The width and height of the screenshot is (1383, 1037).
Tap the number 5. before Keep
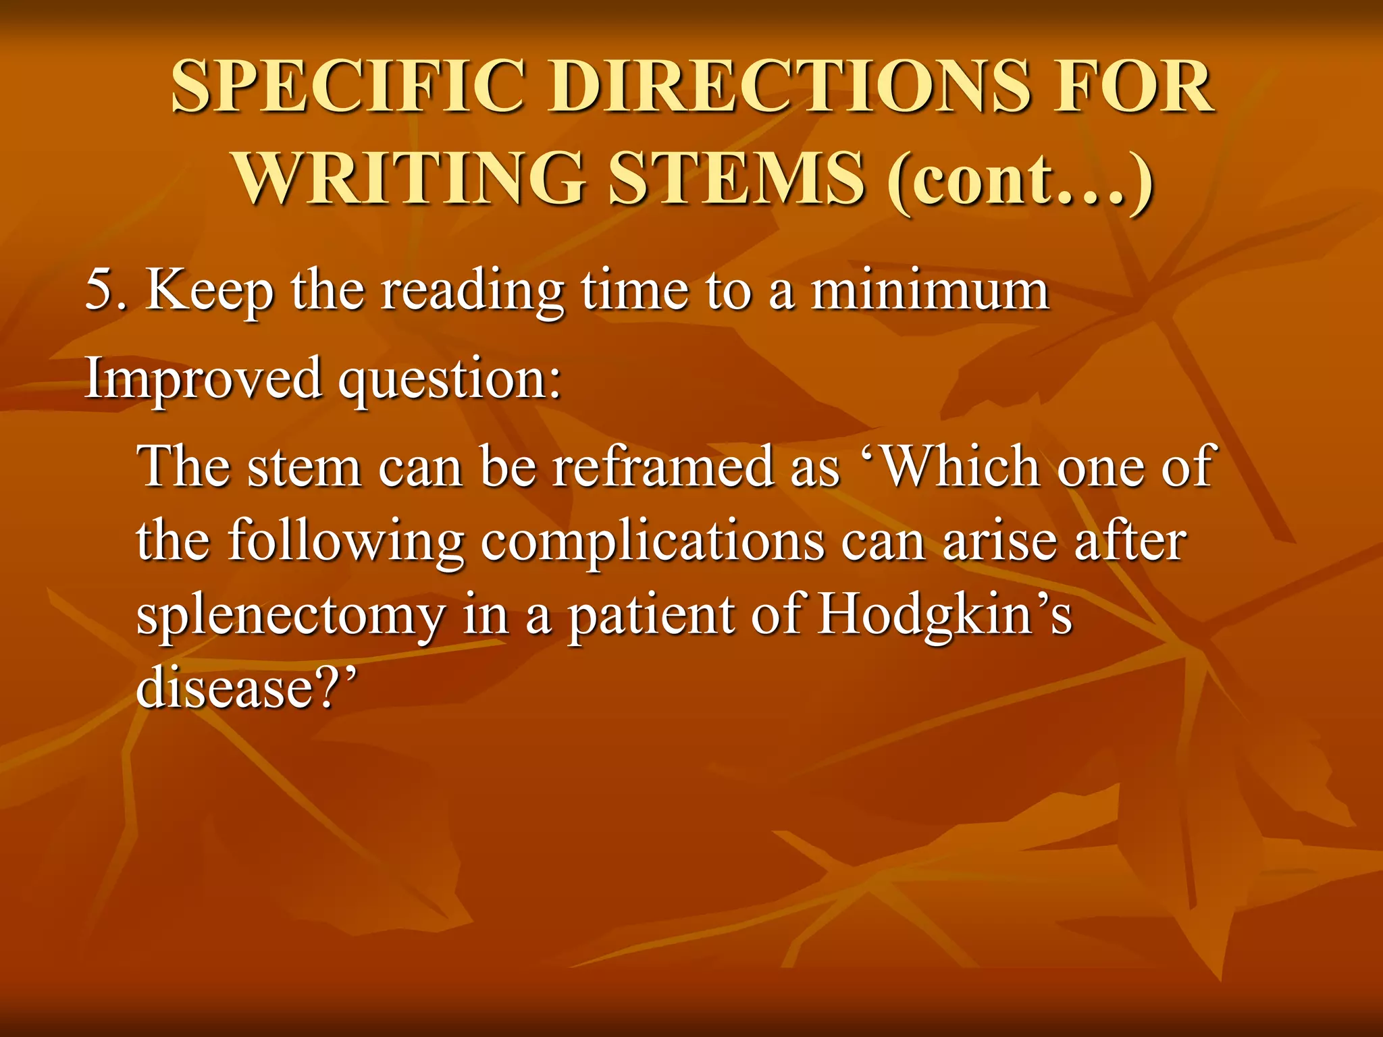(106, 290)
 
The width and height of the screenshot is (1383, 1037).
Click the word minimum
(930, 290)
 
